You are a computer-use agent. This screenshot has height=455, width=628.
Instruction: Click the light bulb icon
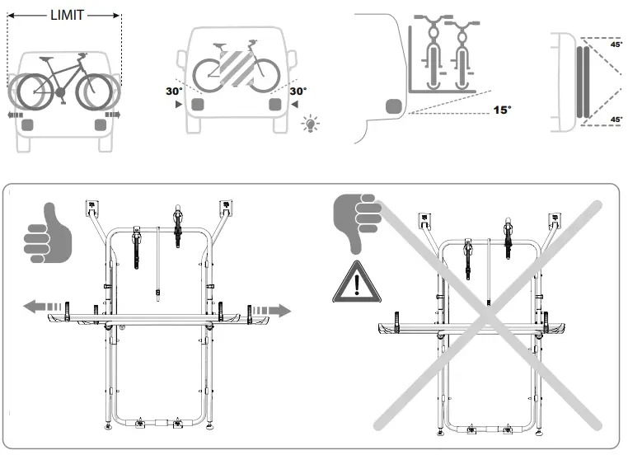coord(311,124)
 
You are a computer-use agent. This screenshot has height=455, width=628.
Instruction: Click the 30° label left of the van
coord(174,91)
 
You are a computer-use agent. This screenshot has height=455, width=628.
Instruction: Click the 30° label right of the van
coord(298,91)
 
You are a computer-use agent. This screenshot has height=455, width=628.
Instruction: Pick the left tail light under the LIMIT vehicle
coord(29,124)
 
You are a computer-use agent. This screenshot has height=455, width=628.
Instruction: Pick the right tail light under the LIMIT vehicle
coord(101,124)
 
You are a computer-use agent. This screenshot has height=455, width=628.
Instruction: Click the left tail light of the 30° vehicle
coord(198,105)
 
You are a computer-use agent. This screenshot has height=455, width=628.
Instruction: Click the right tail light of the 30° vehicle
coord(274,105)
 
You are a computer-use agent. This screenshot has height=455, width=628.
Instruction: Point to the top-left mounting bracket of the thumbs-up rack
coord(91,207)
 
